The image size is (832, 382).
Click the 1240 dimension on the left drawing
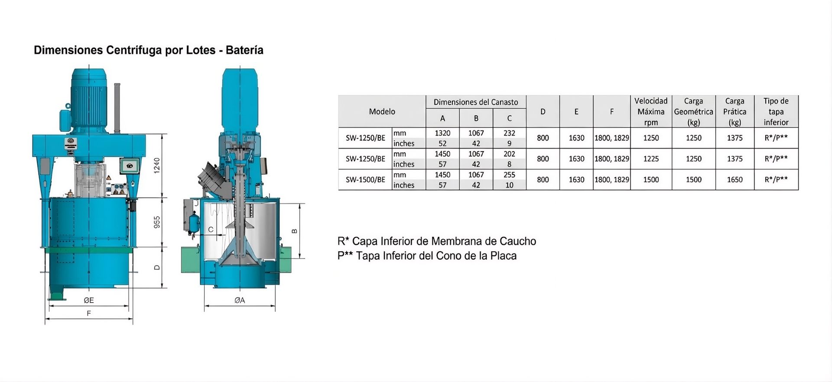157,165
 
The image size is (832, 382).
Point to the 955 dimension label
157,222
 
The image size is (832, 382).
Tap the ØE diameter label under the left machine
89,300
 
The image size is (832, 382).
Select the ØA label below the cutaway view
240,300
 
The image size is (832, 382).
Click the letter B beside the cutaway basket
295,231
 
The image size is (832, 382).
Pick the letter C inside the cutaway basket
211,230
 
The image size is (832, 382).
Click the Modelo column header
382,112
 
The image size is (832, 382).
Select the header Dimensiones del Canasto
476,102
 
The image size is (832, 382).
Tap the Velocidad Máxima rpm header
651,112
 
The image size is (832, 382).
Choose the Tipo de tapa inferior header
776,112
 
